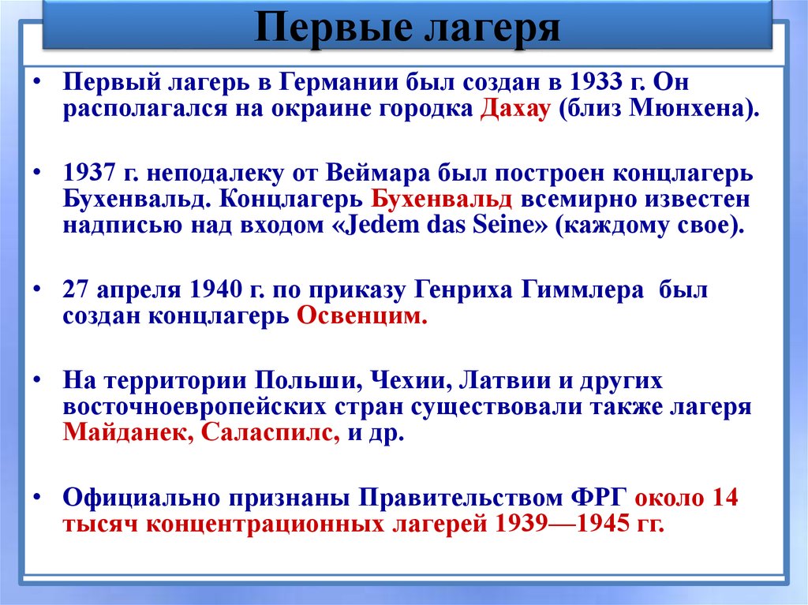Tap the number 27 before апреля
(x=76, y=289)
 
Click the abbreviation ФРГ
(x=597, y=499)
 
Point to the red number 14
(x=724, y=499)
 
